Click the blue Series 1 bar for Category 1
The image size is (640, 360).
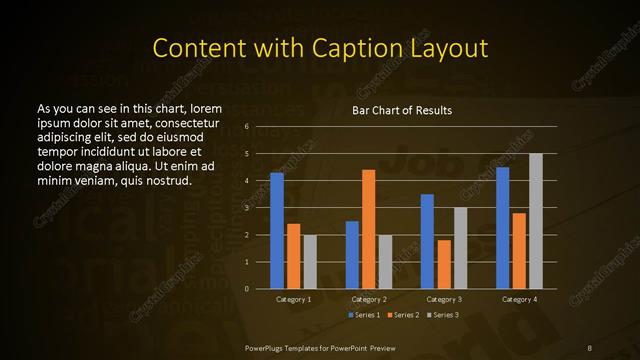click(277, 231)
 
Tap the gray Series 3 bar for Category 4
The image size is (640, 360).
click(536, 221)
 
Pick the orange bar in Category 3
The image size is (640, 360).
click(444, 264)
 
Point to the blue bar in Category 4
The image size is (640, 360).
click(502, 228)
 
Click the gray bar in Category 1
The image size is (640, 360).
click(310, 262)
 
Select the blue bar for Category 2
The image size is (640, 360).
click(352, 255)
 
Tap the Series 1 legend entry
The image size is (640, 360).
click(364, 315)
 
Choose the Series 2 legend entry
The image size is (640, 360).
click(403, 315)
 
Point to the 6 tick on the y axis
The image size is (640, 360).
click(246, 127)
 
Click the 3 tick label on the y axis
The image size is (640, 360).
click(246, 208)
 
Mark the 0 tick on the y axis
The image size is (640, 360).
click(246, 289)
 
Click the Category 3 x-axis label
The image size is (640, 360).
click(444, 299)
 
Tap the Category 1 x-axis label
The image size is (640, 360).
click(293, 299)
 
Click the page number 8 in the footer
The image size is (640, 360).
click(590, 346)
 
